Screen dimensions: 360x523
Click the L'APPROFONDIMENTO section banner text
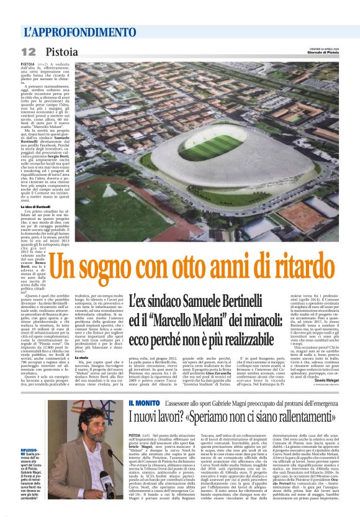tap(71, 31)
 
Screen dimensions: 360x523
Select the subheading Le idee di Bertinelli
tap(35, 207)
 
